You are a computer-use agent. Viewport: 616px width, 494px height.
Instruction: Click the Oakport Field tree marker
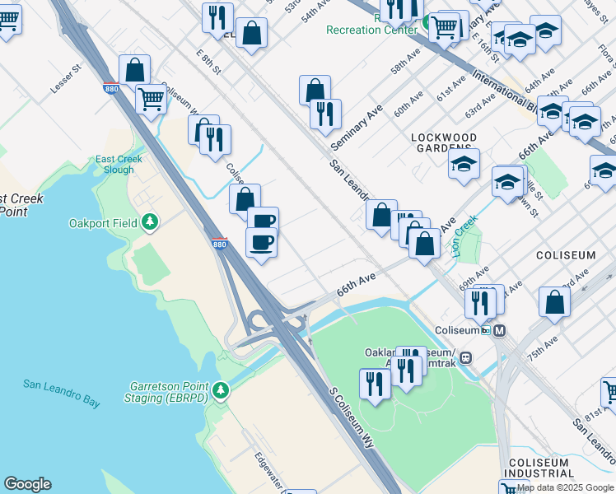click(150, 221)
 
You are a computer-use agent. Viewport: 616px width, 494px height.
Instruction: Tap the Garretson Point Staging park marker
click(220, 389)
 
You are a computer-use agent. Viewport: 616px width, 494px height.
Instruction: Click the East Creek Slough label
click(119, 165)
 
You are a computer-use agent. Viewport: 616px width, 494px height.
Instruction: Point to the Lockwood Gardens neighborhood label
click(445, 142)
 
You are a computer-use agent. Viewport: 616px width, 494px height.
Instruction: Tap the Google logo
click(27, 484)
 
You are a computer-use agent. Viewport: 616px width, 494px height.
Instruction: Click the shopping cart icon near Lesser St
click(152, 100)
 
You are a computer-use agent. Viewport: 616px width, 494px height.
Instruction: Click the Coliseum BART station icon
click(499, 330)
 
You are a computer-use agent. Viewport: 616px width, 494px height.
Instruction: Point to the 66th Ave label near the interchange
click(356, 287)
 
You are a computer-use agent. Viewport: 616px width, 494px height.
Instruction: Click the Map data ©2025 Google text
click(566, 487)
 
